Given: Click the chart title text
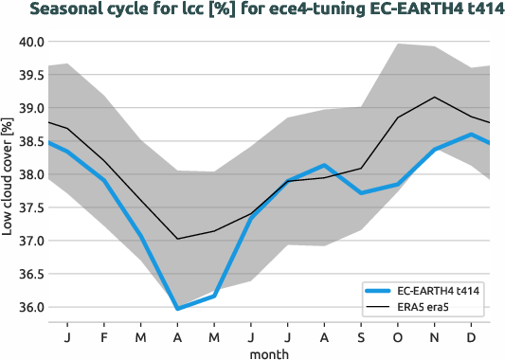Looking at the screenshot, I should click(251, 10).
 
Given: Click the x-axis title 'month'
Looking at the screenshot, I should click(269, 352).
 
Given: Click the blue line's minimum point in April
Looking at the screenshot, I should click(177, 308).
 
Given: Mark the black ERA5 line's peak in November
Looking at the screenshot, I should click(434, 98).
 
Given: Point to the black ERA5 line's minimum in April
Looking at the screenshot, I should click(177, 239).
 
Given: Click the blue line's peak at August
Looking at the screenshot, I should click(324, 166).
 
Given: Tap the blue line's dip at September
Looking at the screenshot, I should click(361, 193).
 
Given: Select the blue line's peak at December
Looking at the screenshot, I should click(471, 135).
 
